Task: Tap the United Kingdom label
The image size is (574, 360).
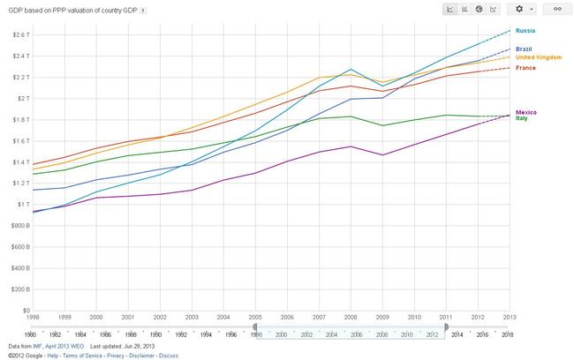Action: [540, 56]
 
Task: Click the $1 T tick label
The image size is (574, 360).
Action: [21, 204]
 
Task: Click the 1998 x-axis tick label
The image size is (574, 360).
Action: [32, 316]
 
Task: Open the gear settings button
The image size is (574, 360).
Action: [524, 9]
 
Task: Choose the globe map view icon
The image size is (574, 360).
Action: [478, 9]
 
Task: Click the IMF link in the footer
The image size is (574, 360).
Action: [38, 346]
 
